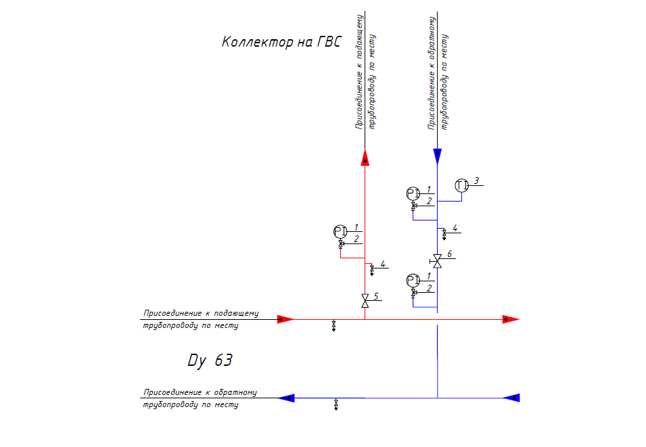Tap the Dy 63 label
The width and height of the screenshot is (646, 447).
[210, 360]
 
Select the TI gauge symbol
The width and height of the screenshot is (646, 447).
[462, 185]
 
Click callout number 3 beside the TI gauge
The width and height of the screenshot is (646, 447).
[476, 181]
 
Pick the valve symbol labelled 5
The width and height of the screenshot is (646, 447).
[365, 300]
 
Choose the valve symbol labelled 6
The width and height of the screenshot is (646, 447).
[437, 260]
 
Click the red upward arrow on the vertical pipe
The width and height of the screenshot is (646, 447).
[365, 158]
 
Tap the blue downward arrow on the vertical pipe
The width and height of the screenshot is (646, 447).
[437, 156]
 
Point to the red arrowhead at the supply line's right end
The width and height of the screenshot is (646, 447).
[510, 319]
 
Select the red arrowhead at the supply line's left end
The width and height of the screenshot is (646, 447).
[285, 319]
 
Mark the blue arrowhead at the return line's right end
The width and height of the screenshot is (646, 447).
[511, 398]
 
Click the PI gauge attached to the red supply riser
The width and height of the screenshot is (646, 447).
[340, 232]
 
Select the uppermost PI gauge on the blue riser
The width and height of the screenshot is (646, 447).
[413, 193]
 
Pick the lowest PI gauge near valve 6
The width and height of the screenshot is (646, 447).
[413, 279]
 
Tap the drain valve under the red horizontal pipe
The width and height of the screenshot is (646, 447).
[334, 327]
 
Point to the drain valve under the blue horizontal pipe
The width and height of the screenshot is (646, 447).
[336, 405]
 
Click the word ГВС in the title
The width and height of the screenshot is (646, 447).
[328, 42]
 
